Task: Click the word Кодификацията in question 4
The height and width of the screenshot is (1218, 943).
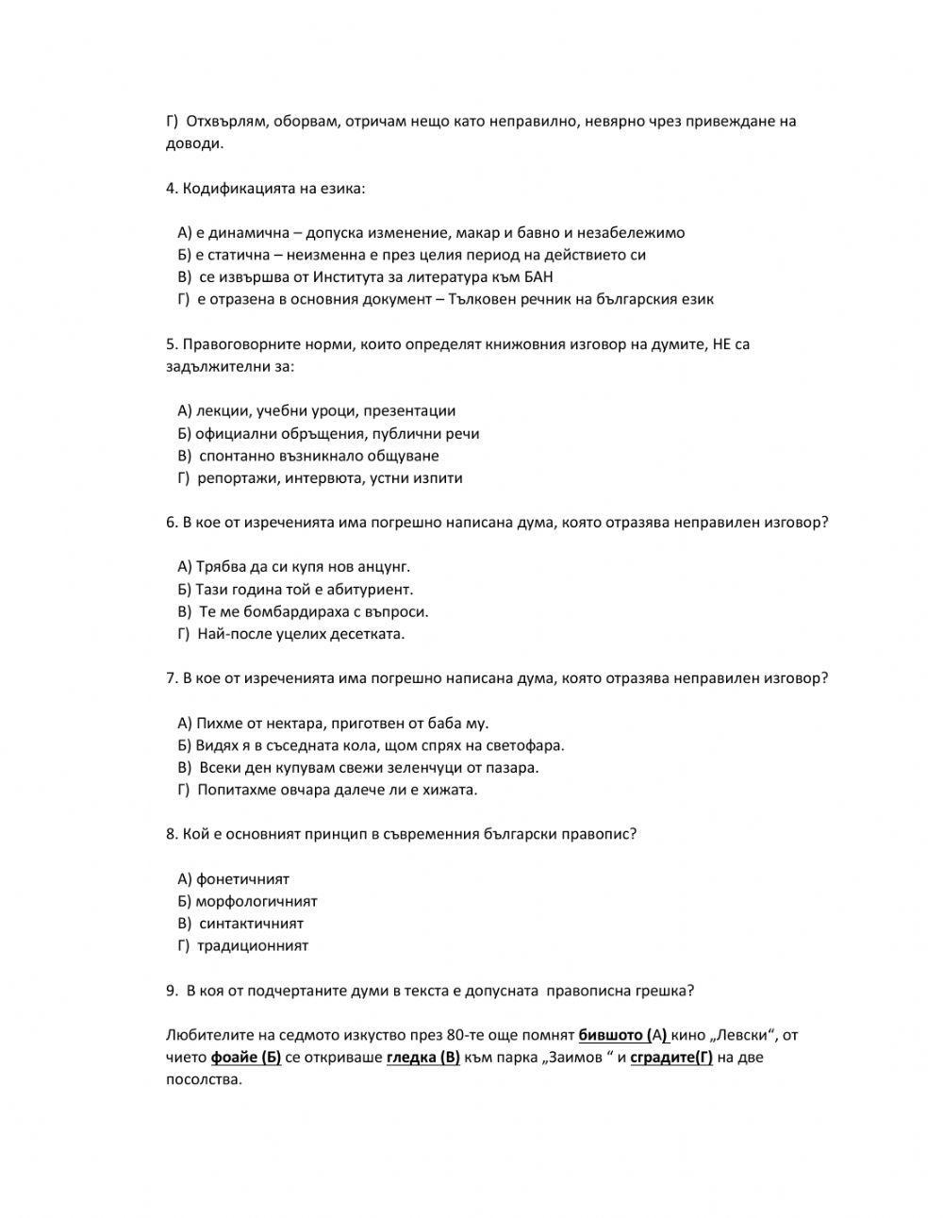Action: coord(230,188)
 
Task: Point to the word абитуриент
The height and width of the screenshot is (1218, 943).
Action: coord(370,589)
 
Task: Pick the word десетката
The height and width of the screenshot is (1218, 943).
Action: coord(367,633)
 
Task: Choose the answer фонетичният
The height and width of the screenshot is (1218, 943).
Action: coord(242,878)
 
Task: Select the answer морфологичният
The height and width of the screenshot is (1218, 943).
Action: coord(256,901)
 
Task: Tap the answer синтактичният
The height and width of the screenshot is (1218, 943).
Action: coord(251,924)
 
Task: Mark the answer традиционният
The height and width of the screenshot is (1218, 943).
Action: coord(253,945)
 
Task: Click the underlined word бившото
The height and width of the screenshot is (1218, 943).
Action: coord(610,1035)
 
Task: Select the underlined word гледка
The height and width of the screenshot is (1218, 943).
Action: coord(411,1057)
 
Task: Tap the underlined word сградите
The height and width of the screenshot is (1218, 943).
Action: coord(661,1057)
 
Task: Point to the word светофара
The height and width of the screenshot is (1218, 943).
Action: coord(530,745)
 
